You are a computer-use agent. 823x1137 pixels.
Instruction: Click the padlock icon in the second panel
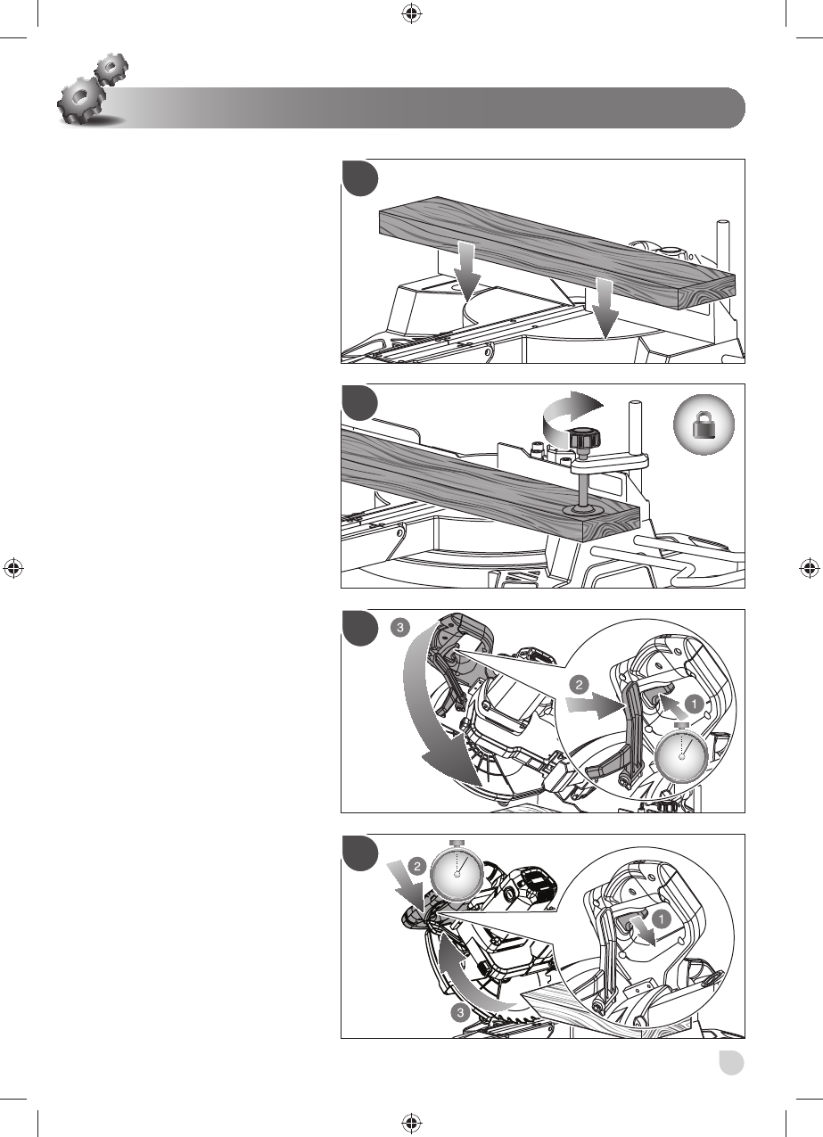pos(704,424)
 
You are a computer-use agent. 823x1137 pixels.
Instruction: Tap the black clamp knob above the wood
pos(584,438)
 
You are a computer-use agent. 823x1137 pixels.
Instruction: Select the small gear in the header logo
pos(111,69)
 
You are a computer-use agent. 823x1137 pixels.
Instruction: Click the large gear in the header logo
pos(81,100)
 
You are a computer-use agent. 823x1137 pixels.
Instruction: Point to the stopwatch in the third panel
pos(681,754)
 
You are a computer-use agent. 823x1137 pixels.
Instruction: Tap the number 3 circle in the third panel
pos(399,628)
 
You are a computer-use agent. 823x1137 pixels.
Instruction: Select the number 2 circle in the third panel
pos(579,685)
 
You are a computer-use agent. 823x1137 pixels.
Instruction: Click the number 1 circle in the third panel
pos(694,704)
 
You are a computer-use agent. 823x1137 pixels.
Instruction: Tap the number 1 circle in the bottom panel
pos(661,919)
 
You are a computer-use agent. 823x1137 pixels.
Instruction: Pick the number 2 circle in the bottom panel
pos(417,866)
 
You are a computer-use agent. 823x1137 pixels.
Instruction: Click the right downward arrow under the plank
pos(605,308)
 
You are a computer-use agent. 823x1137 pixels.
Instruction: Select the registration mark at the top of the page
pos(412,13)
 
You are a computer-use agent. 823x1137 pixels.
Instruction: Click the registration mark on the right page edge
pos(810,568)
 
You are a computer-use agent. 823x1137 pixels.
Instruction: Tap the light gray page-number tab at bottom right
pos(731,1062)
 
